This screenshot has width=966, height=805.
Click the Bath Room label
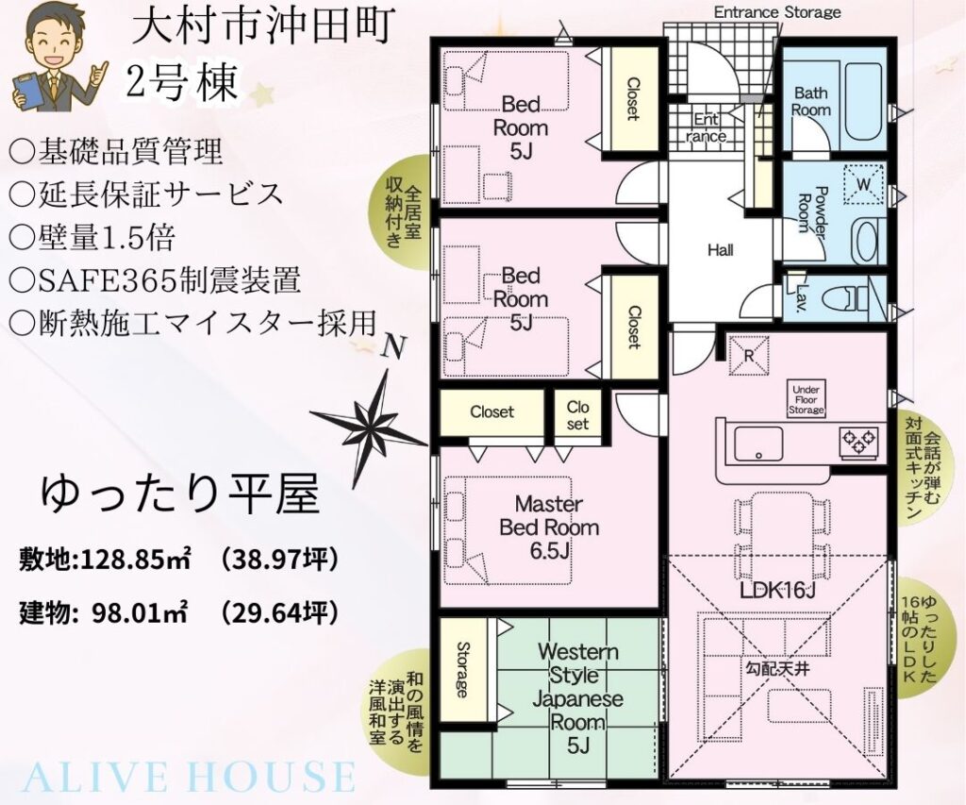click(810, 102)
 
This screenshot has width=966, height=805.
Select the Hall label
click(720, 250)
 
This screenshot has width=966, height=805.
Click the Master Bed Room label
click(549, 527)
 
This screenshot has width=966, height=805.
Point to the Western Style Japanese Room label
click(578, 698)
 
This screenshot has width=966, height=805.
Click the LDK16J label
click(777, 591)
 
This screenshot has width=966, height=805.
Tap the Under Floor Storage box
click(806, 399)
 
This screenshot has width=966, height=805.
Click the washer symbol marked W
click(864, 183)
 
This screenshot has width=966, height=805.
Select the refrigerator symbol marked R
click(749, 355)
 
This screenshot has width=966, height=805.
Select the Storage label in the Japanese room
click(462, 669)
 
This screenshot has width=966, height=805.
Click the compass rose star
click(369, 424)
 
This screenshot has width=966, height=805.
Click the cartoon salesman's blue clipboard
click(27, 92)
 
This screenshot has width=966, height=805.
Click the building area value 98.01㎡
click(138, 612)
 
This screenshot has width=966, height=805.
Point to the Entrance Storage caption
click(777, 11)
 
